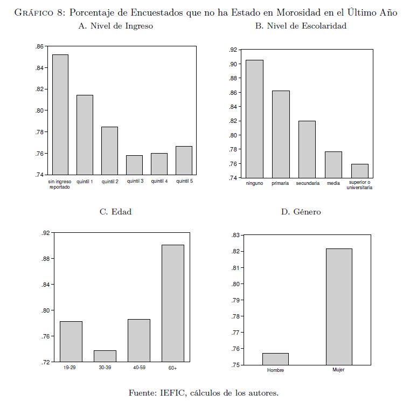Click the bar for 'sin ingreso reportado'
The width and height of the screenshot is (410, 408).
pos(60,114)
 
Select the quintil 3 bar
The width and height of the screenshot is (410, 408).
pos(134,165)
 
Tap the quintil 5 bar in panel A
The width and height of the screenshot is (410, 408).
pos(184,160)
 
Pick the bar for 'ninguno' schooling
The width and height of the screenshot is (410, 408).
pos(254,119)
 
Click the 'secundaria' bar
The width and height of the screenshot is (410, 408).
pos(307,149)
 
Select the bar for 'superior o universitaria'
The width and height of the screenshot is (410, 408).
pos(359,171)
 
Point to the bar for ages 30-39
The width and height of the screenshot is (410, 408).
pos(105,356)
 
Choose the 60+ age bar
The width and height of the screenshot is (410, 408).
pos(172,303)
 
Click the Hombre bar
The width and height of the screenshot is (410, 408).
pos(275,359)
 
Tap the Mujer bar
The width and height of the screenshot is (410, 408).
pos(339,307)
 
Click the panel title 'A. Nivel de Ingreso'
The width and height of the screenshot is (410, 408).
pos(115,26)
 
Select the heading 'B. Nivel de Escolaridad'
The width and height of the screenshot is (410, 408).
pos(301,26)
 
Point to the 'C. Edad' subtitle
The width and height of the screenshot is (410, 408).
pos(115,212)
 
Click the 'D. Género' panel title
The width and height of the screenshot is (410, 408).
pos(301,212)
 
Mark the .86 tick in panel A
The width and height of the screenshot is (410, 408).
pos(39,47)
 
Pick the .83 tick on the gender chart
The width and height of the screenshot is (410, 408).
pos(235,235)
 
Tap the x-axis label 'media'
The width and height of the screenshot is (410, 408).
pos(333,184)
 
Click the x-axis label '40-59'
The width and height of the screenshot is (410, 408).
pos(138,367)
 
